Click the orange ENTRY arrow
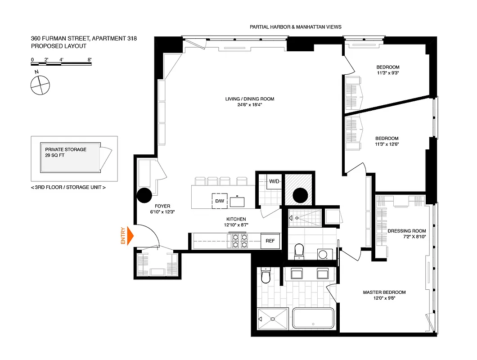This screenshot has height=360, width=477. (x=130, y=235)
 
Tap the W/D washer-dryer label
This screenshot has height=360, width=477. (x=274, y=181)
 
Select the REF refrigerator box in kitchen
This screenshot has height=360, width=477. (x=270, y=241)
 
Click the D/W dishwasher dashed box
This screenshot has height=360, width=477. (x=220, y=201)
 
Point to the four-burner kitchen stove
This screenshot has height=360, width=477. (x=240, y=241)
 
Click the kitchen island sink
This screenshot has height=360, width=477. (x=237, y=202)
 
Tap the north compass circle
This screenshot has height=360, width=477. (x=40, y=85)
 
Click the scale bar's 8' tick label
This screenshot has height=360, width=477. (x=90, y=60)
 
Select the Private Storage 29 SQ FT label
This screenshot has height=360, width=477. (x=66, y=152)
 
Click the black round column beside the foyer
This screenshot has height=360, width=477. (x=144, y=195)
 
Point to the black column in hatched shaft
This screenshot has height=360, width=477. (x=300, y=195)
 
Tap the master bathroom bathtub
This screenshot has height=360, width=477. (x=313, y=318)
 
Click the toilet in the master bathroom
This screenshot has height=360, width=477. (x=265, y=275)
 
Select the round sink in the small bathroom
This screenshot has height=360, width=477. (x=323, y=254)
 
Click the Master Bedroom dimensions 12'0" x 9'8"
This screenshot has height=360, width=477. (x=384, y=298)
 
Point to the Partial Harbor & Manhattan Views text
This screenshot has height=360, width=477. (x=295, y=27)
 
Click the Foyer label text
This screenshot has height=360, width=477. (x=162, y=206)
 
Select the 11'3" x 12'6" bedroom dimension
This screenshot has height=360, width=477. (x=387, y=144)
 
